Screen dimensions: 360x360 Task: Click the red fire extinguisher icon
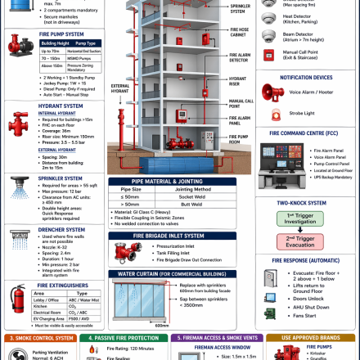click(x=17, y=299)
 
